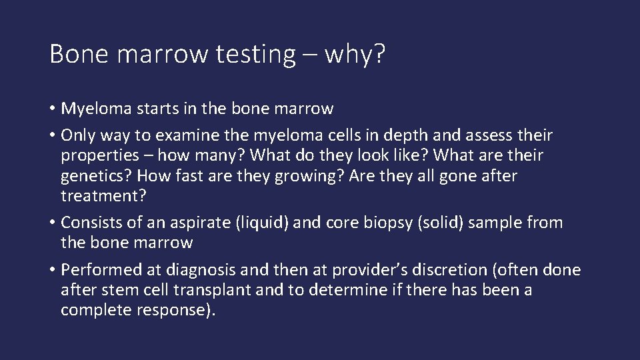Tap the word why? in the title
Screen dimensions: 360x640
[355, 54]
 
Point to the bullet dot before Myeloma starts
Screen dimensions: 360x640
[53, 109]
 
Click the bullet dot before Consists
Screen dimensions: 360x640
[53, 223]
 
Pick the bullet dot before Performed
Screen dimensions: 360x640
[53, 271]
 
